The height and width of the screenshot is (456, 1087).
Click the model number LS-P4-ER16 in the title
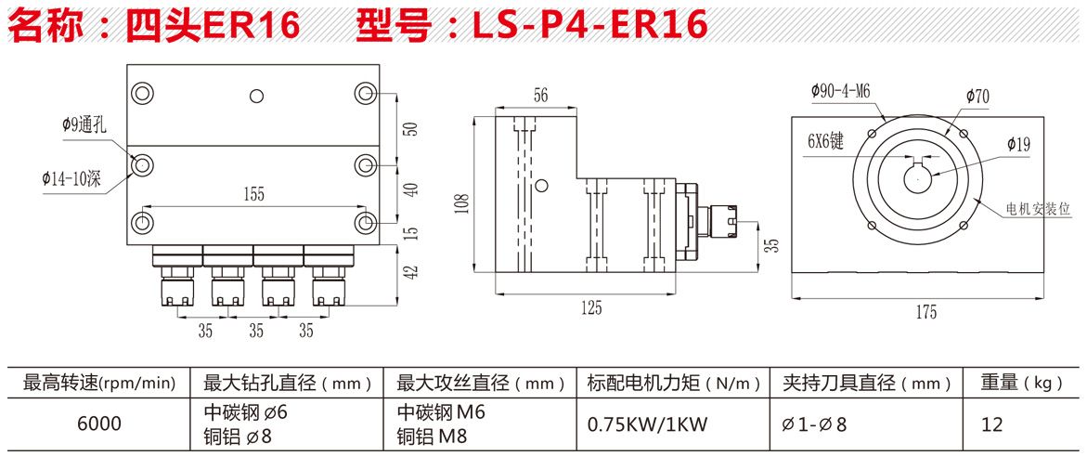point(589,24)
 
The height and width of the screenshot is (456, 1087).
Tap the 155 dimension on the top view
point(253,193)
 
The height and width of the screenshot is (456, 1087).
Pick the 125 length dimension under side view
point(590,306)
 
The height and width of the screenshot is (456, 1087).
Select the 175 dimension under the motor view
point(925,312)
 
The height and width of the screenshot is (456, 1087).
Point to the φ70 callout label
point(977,96)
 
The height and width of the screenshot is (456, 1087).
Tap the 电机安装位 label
point(1039,210)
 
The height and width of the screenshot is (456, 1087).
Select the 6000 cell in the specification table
point(98,423)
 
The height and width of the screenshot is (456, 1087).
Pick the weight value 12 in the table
point(992,424)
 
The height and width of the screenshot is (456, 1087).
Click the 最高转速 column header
point(98,382)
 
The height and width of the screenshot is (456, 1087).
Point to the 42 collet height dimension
point(412,271)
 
